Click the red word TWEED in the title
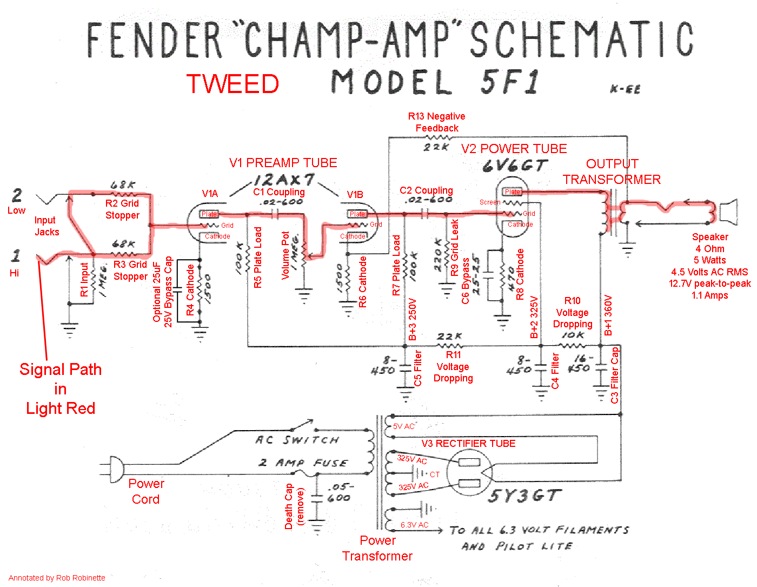[x=233, y=84]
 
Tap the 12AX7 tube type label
[x=284, y=180]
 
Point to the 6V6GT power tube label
[x=515, y=165]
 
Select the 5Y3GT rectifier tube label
[x=524, y=496]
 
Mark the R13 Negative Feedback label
[x=436, y=122]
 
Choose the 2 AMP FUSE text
[x=302, y=463]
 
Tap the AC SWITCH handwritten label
[x=297, y=439]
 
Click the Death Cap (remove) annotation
[x=294, y=506]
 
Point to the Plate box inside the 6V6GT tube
[x=512, y=192]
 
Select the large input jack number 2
[x=17, y=195]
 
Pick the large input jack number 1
[x=15, y=255]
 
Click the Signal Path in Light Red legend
[x=60, y=388]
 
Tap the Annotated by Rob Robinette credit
[x=57, y=578]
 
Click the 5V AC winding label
[x=403, y=426]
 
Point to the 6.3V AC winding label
[x=414, y=525]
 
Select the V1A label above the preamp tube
[x=210, y=194]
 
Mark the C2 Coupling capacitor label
[x=426, y=190]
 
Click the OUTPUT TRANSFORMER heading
[x=612, y=172]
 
